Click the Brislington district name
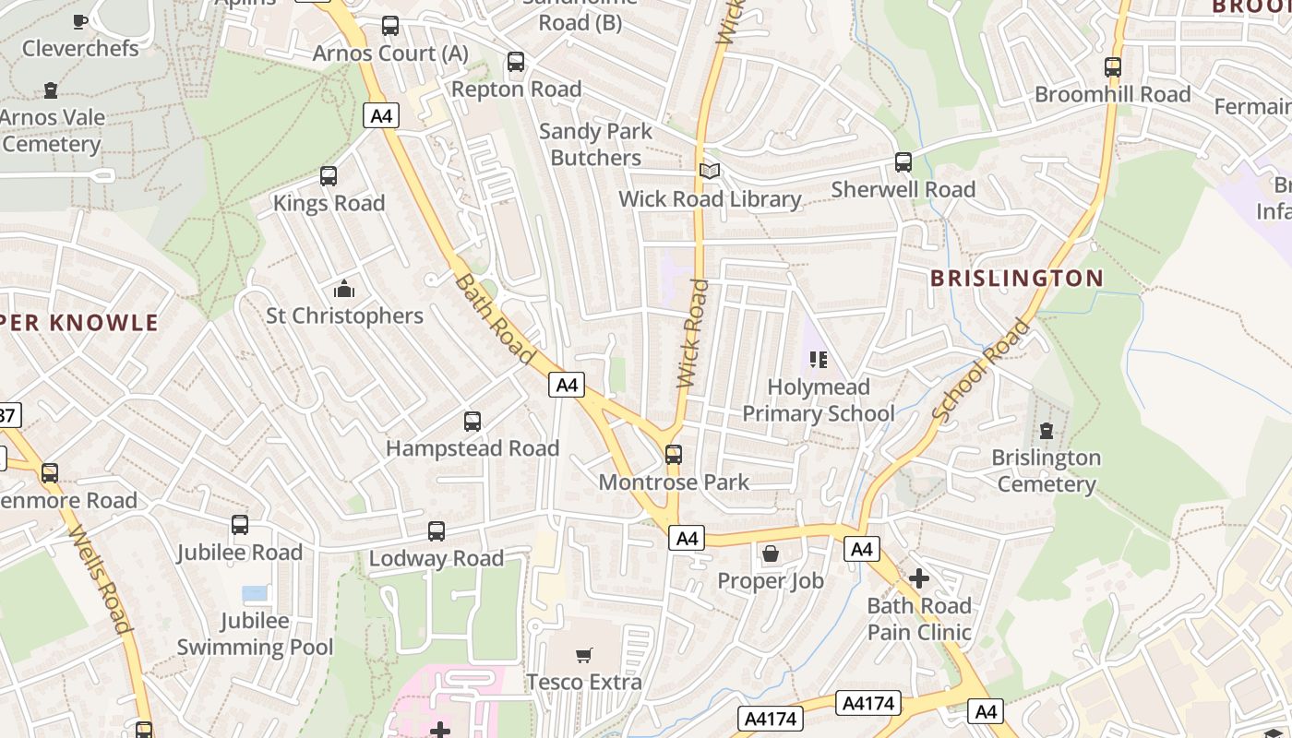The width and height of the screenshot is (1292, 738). point(1016,278)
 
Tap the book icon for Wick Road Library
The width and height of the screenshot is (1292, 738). point(709,171)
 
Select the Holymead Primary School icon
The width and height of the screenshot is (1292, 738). point(818,359)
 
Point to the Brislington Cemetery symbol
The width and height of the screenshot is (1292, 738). point(1046,430)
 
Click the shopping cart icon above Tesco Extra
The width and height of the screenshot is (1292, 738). point(583,655)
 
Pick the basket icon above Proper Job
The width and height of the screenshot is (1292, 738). point(770,553)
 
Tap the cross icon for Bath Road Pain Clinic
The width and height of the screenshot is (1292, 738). point(918,578)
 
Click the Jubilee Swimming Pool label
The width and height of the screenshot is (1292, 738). point(255,634)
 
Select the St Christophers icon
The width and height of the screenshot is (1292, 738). point(344,289)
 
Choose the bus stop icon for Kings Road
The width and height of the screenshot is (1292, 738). point(328,176)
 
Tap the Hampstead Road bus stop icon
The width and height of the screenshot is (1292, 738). point(473,422)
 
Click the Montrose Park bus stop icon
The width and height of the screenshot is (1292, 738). point(674,454)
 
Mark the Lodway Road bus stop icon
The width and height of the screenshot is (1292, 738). point(437,531)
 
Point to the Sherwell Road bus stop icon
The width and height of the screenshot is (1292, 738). point(903,162)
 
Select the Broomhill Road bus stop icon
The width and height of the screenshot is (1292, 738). point(1112,67)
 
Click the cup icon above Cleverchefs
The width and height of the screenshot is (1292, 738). point(80,20)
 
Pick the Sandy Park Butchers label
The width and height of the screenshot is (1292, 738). point(595,145)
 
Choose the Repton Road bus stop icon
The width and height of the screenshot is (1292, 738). point(516,63)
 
